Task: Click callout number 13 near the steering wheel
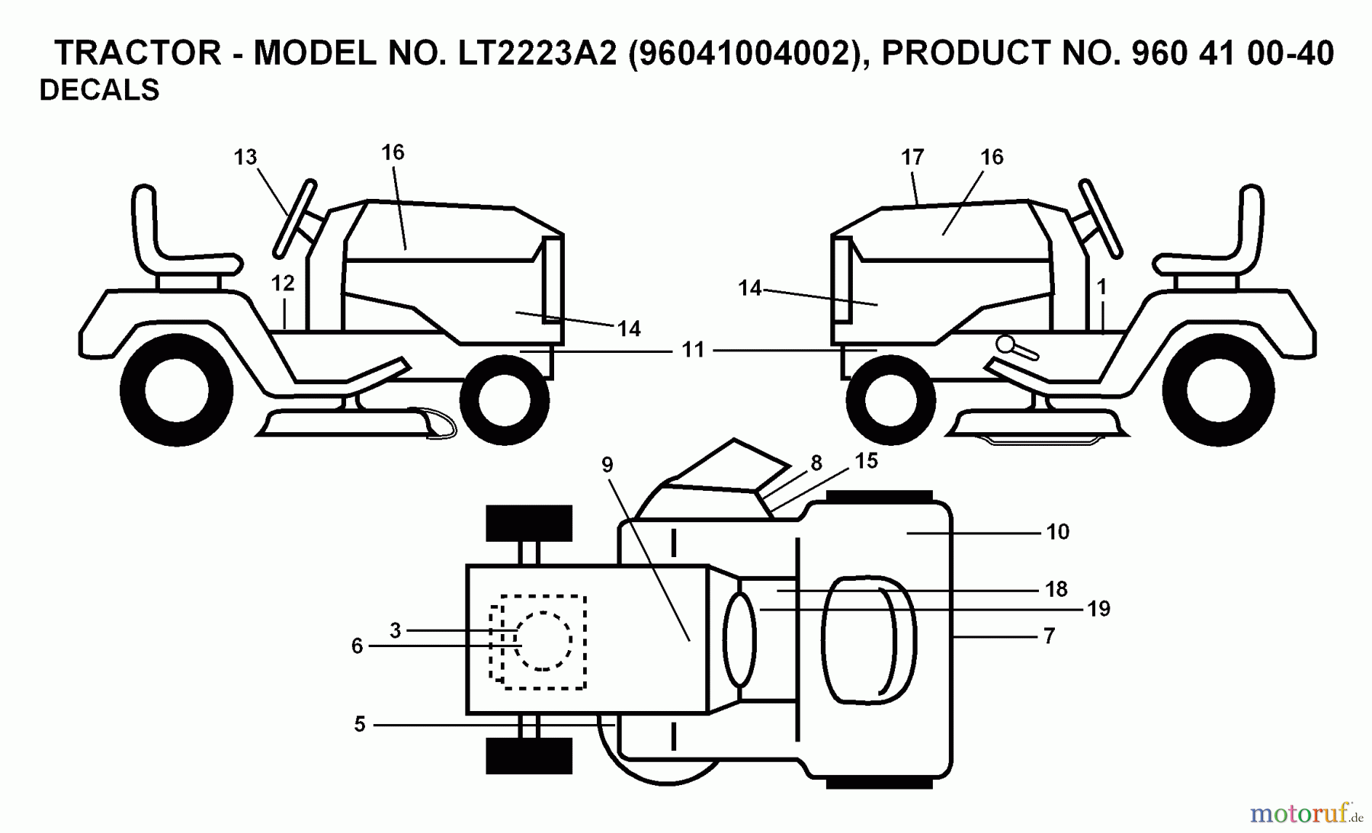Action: point(245,158)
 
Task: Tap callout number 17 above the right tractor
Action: point(912,158)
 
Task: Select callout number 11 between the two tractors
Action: point(692,351)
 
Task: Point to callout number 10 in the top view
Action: point(1057,532)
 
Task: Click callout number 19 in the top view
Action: point(1098,609)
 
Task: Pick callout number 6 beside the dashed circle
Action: point(357,646)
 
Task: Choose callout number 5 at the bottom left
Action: point(360,725)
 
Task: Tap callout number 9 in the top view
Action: point(607,465)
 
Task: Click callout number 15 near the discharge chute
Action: point(866,461)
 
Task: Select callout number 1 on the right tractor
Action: point(1101,287)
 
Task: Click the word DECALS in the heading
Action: point(99,90)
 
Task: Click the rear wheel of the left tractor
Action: point(176,389)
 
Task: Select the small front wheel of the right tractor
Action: point(890,399)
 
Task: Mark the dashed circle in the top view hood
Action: point(543,641)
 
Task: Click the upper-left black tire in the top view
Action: point(529,523)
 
